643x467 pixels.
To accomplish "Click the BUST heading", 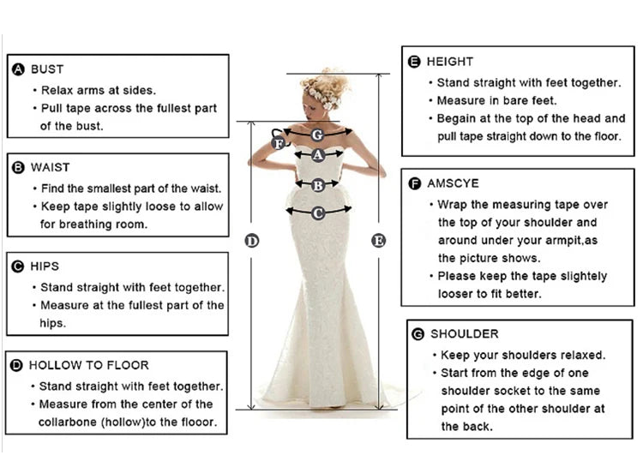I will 47,69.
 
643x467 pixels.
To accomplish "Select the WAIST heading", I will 50,167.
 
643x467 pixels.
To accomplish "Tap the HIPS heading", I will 45,266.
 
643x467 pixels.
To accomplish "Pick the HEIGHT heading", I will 449,62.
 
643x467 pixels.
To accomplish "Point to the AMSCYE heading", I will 453,183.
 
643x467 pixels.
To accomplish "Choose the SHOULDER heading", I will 464,333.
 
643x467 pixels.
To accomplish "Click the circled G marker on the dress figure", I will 317,135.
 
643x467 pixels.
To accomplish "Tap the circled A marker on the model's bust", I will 318,155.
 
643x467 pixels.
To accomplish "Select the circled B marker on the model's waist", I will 317,183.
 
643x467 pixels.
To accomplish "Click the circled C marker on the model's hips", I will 317,212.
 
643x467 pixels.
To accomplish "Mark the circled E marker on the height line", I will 379,241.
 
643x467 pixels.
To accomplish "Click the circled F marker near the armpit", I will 279,144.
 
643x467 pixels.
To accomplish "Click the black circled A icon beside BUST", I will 18,69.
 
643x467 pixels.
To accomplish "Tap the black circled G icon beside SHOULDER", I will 418,333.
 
